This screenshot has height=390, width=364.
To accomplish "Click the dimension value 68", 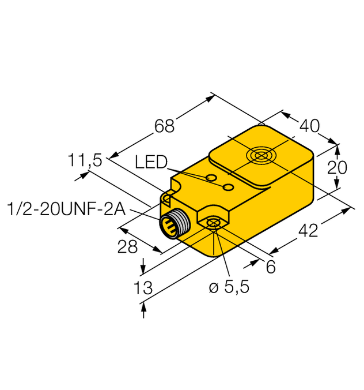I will (164, 126).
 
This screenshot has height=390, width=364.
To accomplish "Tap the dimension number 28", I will (127, 246).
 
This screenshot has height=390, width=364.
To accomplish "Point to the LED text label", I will (151, 163).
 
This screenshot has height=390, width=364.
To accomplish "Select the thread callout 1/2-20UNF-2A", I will (64, 208).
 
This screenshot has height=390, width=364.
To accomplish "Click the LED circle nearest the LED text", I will (211, 177).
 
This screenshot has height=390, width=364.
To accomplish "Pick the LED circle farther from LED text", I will (228, 186).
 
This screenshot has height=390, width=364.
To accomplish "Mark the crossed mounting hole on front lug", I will (214, 223).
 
